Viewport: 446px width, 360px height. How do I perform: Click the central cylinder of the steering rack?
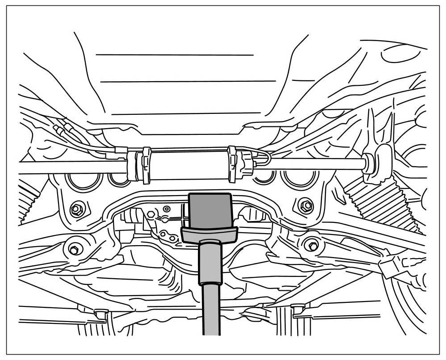coord(188,165)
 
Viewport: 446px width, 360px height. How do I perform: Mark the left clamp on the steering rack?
coord(146,165)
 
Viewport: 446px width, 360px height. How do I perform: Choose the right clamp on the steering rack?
coord(232,163)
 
